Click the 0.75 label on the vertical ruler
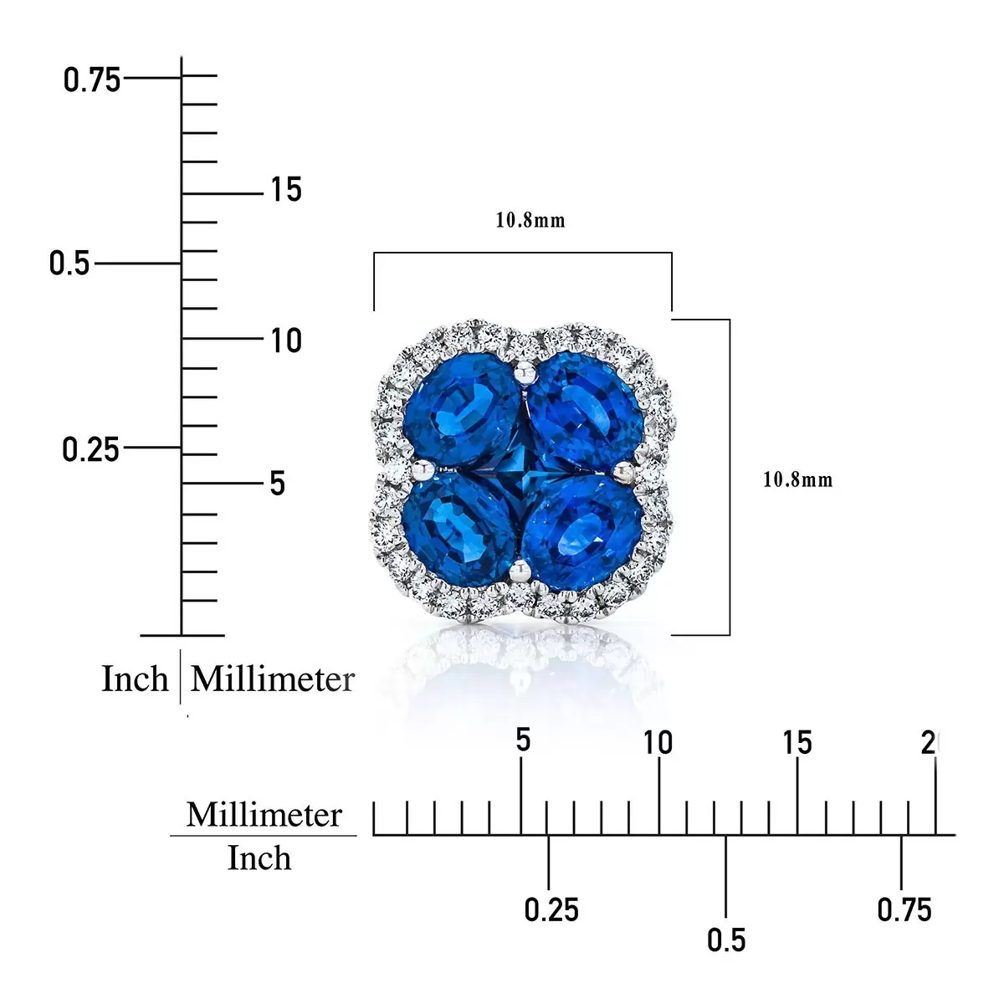click(92, 80)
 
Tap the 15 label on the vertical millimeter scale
click(286, 189)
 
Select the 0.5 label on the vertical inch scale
click(69, 263)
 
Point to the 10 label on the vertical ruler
click(286, 341)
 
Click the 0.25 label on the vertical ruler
click(90, 449)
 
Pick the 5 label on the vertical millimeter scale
click(278, 484)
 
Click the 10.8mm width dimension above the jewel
click(530, 220)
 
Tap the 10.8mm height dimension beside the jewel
click(797, 480)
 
